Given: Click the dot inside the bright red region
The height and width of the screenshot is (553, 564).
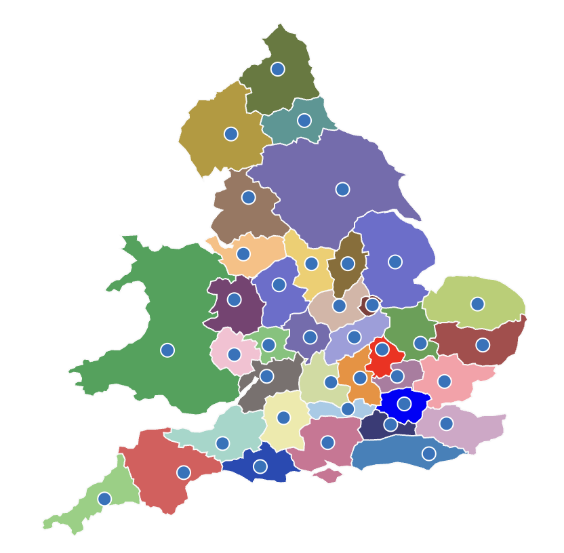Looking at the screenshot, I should (x=382, y=350).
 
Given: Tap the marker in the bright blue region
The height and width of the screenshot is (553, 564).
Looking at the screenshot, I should (x=404, y=404).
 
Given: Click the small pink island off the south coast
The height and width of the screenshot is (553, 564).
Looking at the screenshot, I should (x=328, y=475).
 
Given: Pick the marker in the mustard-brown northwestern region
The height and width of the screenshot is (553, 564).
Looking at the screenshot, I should (x=231, y=134).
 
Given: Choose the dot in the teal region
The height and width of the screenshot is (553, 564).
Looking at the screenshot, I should (x=304, y=121).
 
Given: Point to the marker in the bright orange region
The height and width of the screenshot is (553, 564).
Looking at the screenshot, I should (x=360, y=377).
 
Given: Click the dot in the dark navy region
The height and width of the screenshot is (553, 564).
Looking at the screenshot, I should (x=390, y=425).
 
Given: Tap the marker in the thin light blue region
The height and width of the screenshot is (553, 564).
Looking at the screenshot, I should (x=348, y=409).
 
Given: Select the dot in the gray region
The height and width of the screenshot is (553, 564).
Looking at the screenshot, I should (x=266, y=376).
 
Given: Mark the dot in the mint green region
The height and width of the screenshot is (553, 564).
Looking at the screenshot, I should (x=222, y=443).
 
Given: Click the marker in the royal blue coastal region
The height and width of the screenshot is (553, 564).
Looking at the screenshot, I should (x=260, y=466).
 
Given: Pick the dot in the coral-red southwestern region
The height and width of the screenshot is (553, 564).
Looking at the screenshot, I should (x=184, y=472).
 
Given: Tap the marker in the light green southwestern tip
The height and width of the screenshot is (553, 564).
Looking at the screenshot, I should (x=104, y=499).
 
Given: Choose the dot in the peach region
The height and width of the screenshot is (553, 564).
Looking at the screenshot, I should (x=243, y=254).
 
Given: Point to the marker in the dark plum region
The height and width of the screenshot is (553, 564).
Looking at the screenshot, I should (x=234, y=300).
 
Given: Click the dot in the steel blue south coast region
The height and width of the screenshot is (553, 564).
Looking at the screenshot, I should (x=429, y=453).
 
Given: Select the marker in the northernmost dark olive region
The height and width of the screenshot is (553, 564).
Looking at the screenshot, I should (x=278, y=69).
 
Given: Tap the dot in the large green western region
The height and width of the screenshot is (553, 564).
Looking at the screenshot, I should (x=167, y=350).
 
